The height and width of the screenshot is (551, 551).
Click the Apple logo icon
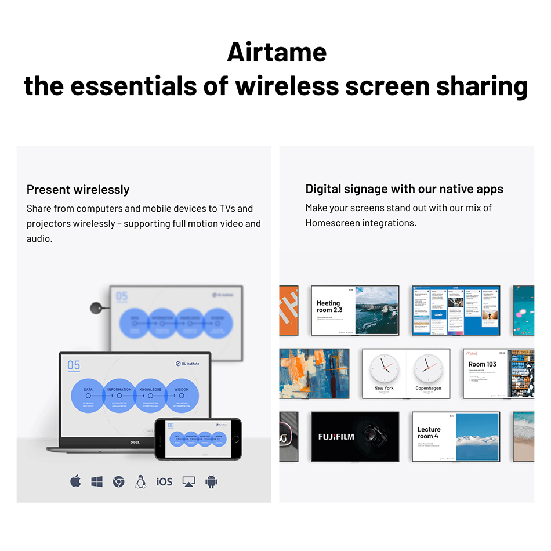(75, 481)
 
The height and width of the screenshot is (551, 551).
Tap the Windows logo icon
(97, 481)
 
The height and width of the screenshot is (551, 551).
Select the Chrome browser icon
(118, 481)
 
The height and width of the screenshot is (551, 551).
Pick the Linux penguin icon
(140, 481)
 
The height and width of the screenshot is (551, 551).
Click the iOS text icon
(164, 481)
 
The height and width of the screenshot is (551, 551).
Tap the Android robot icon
(211, 481)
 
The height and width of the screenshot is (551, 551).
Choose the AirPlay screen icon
(188, 481)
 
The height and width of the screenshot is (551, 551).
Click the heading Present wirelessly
(78, 190)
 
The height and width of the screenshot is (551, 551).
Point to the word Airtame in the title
(277, 52)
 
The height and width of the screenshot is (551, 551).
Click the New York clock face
(384, 369)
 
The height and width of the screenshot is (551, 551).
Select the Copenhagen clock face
(428, 369)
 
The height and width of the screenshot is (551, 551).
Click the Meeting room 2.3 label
(329, 306)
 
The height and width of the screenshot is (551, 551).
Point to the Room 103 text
(483, 364)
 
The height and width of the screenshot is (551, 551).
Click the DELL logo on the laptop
(134, 442)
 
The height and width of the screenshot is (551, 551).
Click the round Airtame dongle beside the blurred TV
(96, 308)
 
